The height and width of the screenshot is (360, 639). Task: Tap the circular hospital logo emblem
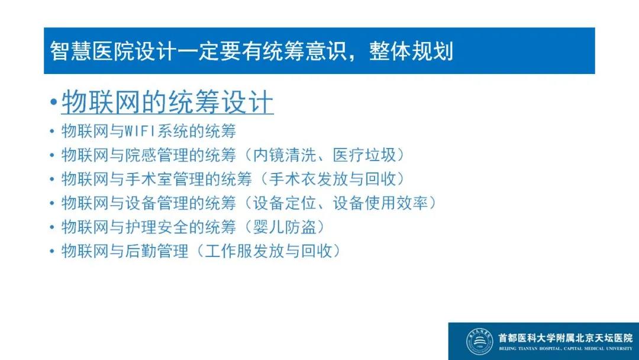click(479, 341)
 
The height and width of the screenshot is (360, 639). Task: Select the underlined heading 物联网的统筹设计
click(167, 102)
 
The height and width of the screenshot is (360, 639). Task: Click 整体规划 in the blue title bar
click(411, 52)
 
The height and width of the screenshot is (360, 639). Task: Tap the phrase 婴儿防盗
click(285, 227)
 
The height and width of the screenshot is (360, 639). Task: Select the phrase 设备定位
click(285, 202)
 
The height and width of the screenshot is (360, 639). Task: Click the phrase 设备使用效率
click(380, 202)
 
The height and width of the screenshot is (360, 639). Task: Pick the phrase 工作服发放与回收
click(269, 250)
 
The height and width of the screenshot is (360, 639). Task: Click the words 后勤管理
click(157, 250)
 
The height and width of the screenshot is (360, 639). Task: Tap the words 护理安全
click(157, 227)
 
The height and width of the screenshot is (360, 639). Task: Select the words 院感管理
click(157, 155)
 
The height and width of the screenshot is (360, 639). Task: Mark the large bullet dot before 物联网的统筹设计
click(53, 102)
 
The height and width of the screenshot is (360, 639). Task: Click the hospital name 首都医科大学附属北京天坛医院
click(565, 337)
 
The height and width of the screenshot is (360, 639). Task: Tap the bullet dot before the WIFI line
click(51, 131)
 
